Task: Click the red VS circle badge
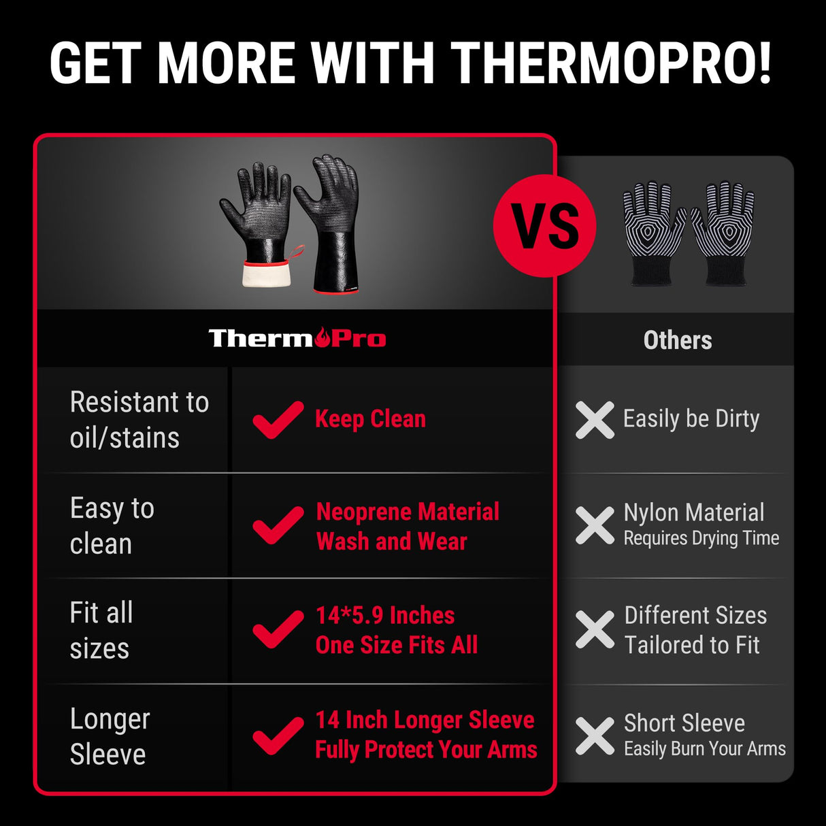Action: tap(544, 225)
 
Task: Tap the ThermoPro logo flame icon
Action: tap(323, 336)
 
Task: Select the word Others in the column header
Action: tap(677, 340)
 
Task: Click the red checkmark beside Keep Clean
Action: tap(278, 419)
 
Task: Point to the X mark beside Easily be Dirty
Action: tap(595, 419)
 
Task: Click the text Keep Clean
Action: tap(370, 419)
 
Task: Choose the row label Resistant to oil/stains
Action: tap(139, 420)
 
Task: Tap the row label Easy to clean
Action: tap(112, 526)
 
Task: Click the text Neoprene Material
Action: tap(408, 512)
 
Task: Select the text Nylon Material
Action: tap(693, 512)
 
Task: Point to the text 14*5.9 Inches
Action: tap(385, 616)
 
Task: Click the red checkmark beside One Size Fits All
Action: tap(278, 629)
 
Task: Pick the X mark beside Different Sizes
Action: tap(595, 629)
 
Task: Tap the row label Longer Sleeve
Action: tap(110, 736)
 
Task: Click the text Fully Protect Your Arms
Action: tap(426, 750)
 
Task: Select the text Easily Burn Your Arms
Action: tap(704, 749)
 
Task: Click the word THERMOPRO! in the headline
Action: tap(611, 63)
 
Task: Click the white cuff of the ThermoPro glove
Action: tap(267, 274)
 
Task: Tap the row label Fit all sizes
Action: tap(101, 631)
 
